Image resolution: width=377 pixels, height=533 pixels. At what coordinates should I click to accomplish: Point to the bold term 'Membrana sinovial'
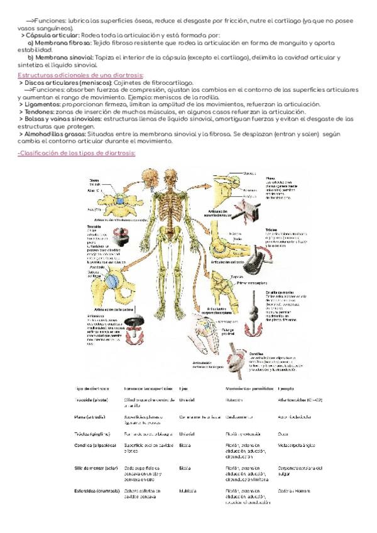(x=64, y=58)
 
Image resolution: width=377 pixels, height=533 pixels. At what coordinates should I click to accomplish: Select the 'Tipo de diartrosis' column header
(x=92, y=389)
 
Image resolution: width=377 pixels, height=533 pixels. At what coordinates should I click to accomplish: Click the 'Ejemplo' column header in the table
(x=287, y=389)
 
